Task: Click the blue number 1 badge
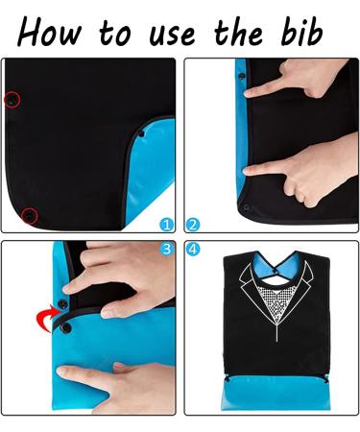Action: pyautogui.click(x=167, y=225)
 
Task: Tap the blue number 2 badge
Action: pyautogui.click(x=193, y=225)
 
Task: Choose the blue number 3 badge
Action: pyautogui.click(x=166, y=249)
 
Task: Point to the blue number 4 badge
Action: pyautogui.click(x=193, y=249)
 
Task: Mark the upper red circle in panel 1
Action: pyautogui.click(x=11, y=99)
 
